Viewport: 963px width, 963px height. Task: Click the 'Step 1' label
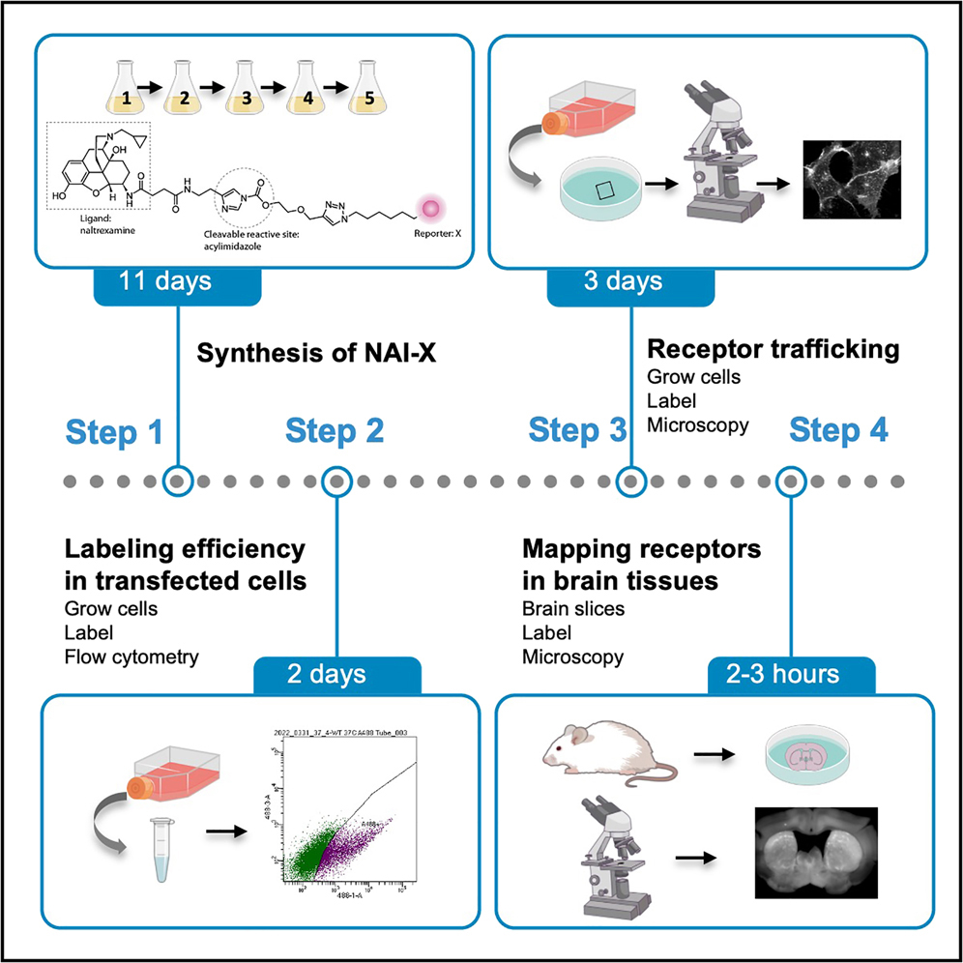click(x=115, y=433)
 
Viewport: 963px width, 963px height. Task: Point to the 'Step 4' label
click(x=837, y=431)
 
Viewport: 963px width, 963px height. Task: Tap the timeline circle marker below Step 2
click(x=336, y=481)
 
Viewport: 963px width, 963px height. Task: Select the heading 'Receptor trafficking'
click(x=773, y=349)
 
